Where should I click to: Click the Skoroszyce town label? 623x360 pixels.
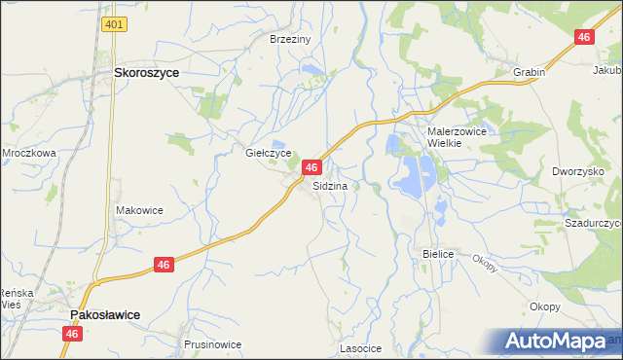click(x=151, y=72)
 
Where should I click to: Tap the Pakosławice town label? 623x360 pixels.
click(x=104, y=315)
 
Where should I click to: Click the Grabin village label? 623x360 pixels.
click(x=529, y=72)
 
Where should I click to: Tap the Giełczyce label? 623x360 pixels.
click(x=268, y=153)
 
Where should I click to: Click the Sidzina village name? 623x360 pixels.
click(x=331, y=185)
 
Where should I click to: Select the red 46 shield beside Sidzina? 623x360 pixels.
click(x=311, y=168)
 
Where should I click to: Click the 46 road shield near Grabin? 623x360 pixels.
click(x=584, y=37)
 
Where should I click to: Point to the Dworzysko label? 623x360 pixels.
click(x=578, y=171)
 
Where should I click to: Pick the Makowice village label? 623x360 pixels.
click(x=139, y=210)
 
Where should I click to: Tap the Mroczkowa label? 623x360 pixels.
click(x=28, y=153)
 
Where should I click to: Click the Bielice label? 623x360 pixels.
click(x=439, y=253)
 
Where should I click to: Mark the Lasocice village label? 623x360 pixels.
click(x=359, y=347)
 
